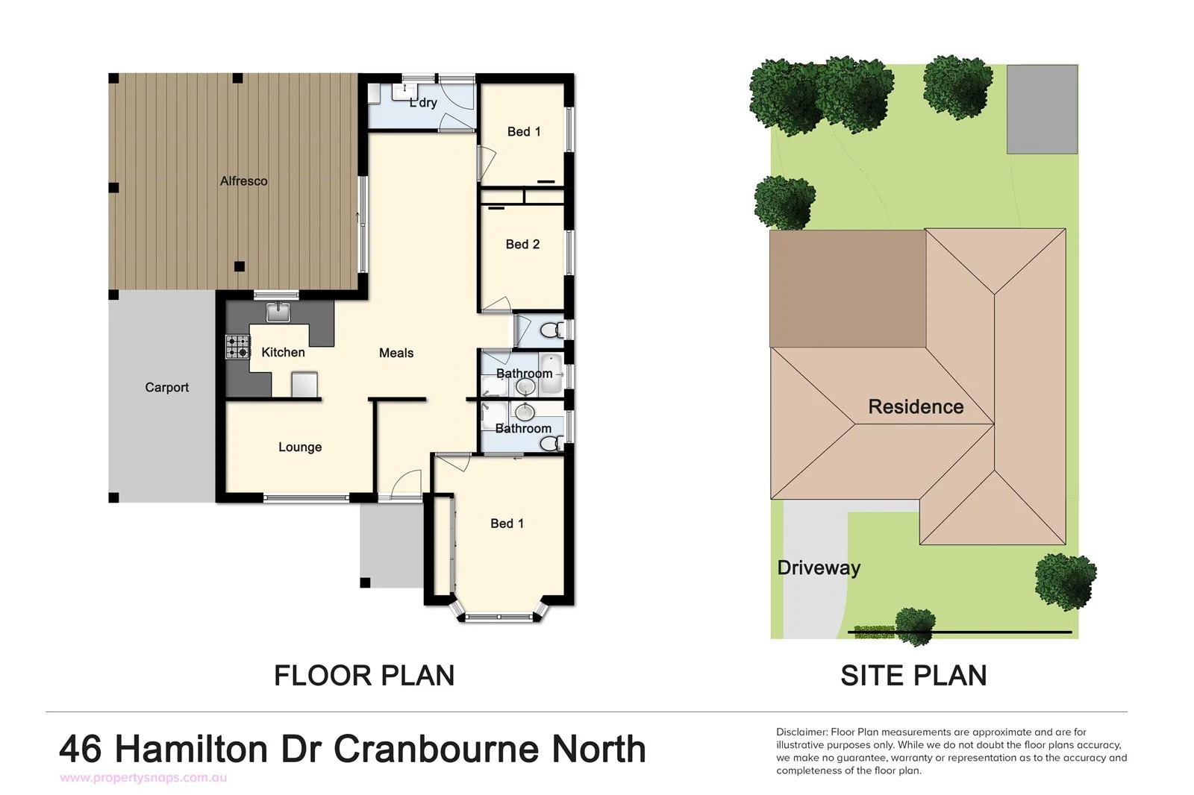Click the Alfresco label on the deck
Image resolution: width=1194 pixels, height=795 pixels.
(x=243, y=181)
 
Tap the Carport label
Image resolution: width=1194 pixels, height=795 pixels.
(x=166, y=387)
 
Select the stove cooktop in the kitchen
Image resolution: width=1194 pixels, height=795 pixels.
(x=238, y=348)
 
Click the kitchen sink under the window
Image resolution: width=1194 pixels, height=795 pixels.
(x=278, y=311)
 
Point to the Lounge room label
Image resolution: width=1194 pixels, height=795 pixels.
(x=300, y=447)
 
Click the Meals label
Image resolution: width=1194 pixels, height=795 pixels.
(x=396, y=353)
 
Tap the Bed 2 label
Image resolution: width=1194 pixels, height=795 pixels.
(x=522, y=244)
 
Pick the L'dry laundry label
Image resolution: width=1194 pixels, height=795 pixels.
(x=423, y=103)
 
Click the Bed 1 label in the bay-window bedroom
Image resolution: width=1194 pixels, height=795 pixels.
(x=507, y=524)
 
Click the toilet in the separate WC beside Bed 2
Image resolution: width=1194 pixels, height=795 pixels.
(x=551, y=330)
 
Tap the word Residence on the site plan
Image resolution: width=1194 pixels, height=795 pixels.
(x=916, y=406)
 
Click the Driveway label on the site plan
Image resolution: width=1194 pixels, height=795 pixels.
(x=819, y=568)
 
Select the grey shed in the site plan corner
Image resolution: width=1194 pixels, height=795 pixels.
(x=1042, y=109)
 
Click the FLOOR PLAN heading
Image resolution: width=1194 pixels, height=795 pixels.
(x=364, y=675)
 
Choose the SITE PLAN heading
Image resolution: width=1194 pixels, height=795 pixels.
(x=913, y=675)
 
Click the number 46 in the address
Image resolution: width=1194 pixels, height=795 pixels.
(x=81, y=749)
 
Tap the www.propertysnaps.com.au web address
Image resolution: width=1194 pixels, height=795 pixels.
(x=143, y=778)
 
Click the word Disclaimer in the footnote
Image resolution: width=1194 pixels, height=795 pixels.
(x=801, y=732)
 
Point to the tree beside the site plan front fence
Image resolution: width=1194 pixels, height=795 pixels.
(x=914, y=624)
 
